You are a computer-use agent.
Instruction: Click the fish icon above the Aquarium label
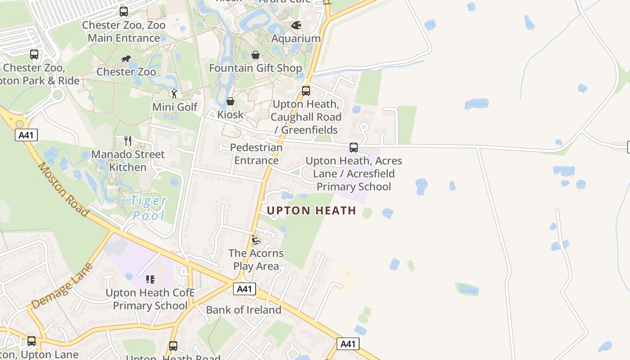(x=296, y=25)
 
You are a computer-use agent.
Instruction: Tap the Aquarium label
(x=296, y=38)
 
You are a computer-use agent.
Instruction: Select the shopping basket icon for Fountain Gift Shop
(x=256, y=55)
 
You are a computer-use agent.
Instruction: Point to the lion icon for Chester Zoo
(x=126, y=59)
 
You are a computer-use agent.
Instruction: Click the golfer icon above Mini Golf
(x=175, y=94)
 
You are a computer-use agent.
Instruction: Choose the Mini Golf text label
(x=175, y=107)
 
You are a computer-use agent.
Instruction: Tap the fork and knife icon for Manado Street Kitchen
(x=128, y=141)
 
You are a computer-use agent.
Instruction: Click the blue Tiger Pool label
(x=149, y=208)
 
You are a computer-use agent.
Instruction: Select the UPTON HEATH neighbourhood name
(x=311, y=211)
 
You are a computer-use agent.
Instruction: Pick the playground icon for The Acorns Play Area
(x=256, y=240)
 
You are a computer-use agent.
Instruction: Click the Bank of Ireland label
(x=243, y=310)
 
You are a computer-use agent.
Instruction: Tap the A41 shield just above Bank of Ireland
(x=244, y=289)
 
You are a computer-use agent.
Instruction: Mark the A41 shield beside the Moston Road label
(x=26, y=135)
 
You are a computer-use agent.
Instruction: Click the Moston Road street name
(x=63, y=189)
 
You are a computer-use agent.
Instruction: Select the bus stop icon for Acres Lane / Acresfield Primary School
(x=354, y=148)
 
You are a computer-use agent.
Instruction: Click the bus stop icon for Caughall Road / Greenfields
(x=306, y=91)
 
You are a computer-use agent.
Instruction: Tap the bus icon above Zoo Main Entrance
(x=124, y=12)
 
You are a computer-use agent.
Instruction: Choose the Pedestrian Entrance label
(x=256, y=154)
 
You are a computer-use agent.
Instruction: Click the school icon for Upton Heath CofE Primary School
(x=150, y=279)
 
